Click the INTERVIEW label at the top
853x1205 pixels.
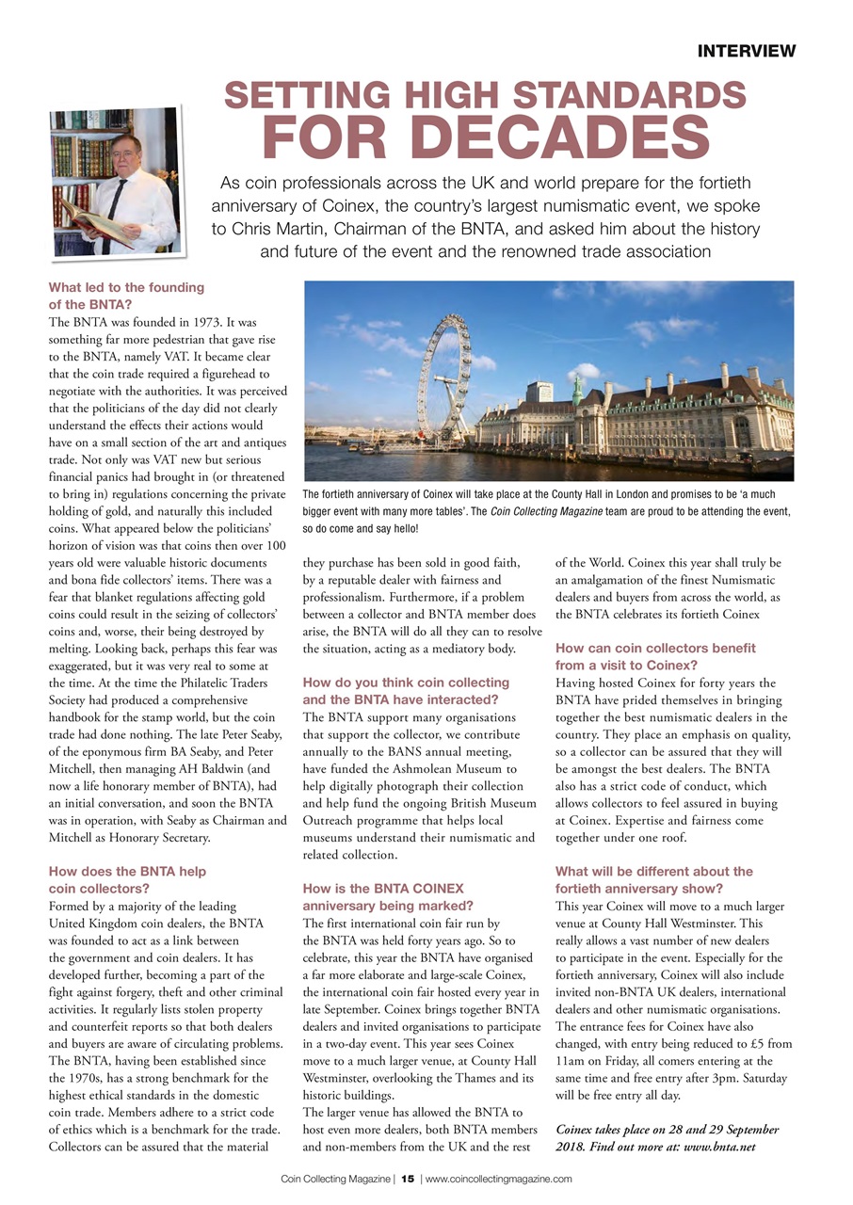tap(746, 51)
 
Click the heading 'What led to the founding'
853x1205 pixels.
tap(125, 287)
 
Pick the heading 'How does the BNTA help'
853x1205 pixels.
tap(126, 872)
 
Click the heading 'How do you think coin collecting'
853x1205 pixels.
tap(406, 682)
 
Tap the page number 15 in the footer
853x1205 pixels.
tap(408, 1179)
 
